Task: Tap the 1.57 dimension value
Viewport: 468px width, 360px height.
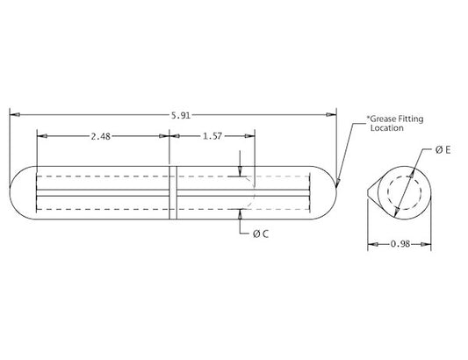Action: click(212, 136)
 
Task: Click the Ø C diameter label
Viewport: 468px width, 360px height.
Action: click(260, 234)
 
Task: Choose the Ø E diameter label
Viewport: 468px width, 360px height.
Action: click(443, 151)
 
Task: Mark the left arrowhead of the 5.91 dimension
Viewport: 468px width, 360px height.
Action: click(13, 114)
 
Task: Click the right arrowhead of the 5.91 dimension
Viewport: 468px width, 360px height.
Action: click(334, 114)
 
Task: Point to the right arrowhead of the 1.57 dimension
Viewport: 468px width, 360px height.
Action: click(251, 136)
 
